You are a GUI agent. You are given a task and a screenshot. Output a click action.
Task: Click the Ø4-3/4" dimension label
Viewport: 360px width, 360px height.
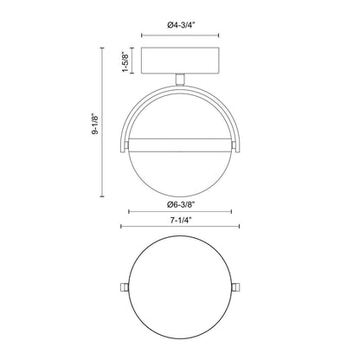(x=181, y=25)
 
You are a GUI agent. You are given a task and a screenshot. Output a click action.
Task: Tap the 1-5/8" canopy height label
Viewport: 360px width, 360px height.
(x=126, y=61)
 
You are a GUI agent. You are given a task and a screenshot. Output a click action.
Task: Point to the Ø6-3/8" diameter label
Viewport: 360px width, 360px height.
(x=181, y=204)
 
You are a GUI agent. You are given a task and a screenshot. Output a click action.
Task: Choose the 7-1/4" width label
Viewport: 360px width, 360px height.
(x=181, y=221)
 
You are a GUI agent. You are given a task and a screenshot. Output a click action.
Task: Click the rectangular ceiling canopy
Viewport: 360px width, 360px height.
(x=180, y=61)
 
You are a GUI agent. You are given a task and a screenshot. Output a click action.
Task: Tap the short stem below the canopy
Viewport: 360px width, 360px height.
(x=180, y=80)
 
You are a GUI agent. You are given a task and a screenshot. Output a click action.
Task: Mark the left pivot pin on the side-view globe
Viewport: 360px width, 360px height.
(x=125, y=144)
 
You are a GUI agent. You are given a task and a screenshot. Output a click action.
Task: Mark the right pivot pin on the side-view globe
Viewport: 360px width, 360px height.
(x=234, y=144)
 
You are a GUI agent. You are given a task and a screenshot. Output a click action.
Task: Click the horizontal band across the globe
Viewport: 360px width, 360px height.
(x=180, y=145)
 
